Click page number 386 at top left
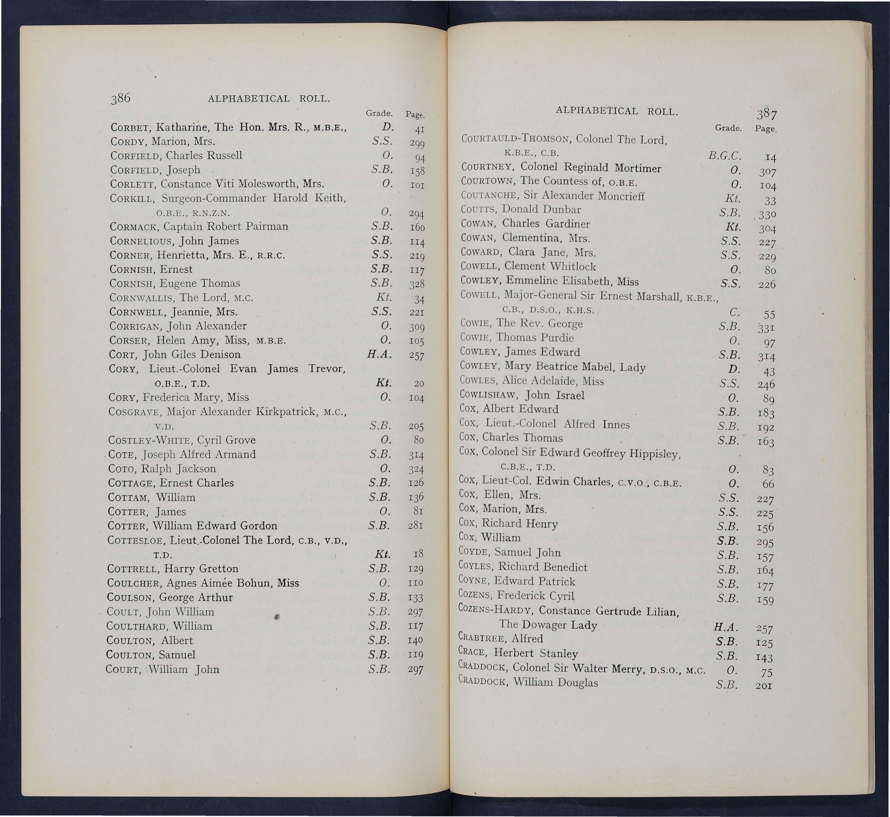click(121, 98)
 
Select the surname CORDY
click(129, 142)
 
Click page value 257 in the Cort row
click(416, 355)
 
